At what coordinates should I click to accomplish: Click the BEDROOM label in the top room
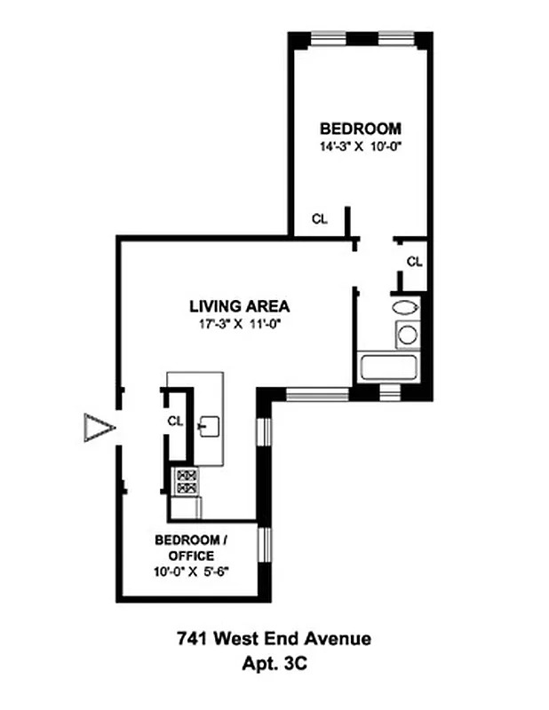coord(360,129)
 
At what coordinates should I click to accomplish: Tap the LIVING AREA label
coord(239,307)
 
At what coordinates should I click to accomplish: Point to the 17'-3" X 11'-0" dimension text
coord(239,324)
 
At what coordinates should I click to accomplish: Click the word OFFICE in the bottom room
coord(185,556)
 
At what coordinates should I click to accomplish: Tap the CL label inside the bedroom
coord(319,219)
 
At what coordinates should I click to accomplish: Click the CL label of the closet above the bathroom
coord(414,261)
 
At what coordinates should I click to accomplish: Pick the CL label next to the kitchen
coord(175,422)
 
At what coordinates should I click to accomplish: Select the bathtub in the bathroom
coord(386,366)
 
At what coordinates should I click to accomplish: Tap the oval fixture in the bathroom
coord(404,308)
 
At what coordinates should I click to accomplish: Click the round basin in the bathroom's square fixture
coord(407,335)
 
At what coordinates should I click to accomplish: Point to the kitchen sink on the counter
coord(210,424)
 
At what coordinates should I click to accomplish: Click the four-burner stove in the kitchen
coord(187,480)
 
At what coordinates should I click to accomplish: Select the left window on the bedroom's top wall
coord(322,38)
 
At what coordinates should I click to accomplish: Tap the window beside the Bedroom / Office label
coord(262,544)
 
